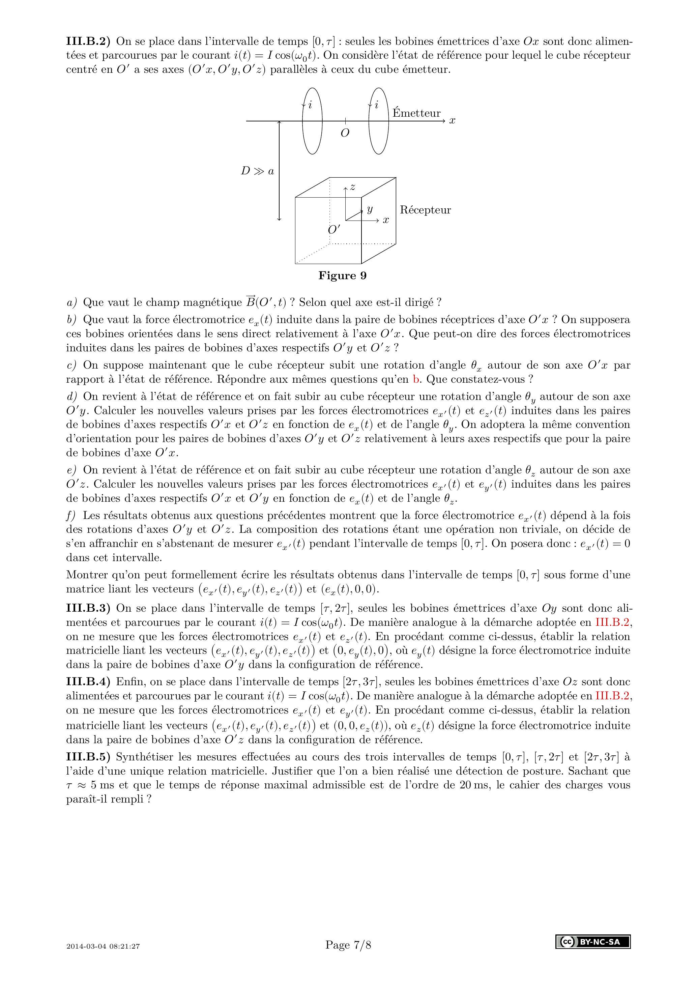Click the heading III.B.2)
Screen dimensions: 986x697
coord(88,42)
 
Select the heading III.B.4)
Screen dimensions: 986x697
coord(88,681)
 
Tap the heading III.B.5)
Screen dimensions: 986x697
coord(88,757)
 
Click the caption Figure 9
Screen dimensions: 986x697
coord(342,276)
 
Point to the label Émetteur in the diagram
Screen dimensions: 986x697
coord(416,113)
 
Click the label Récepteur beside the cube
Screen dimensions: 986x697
coord(425,210)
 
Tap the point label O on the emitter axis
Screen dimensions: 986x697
coord(345,134)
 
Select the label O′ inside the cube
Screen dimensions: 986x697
coord(334,230)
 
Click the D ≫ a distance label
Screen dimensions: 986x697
coord(257,171)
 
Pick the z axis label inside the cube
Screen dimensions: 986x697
coord(353,187)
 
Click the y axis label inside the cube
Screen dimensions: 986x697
coord(369,209)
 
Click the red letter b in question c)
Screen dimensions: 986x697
coord(416,379)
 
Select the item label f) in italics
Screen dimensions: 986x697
coord(71,515)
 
